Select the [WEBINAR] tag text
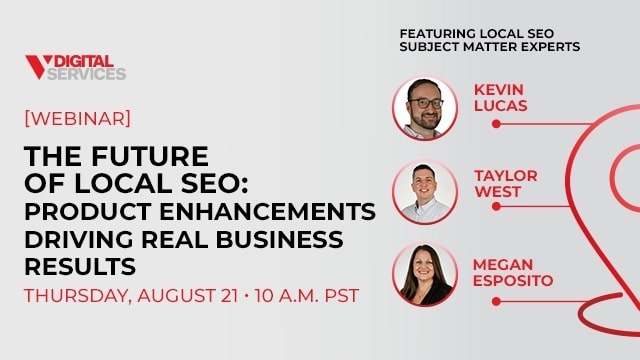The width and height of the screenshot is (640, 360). [x=77, y=118]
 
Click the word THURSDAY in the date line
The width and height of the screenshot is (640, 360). [x=80, y=297]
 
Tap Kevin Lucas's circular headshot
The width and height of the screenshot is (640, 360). [x=425, y=107]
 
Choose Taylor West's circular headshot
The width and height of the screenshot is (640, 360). [x=425, y=191]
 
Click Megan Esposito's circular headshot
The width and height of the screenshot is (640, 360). [x=425, y=274]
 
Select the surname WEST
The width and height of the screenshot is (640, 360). [x=496, y=192]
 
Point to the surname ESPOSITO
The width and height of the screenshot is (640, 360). [x=513, y=281]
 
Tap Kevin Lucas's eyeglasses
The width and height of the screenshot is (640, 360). [x=426, y=101]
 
